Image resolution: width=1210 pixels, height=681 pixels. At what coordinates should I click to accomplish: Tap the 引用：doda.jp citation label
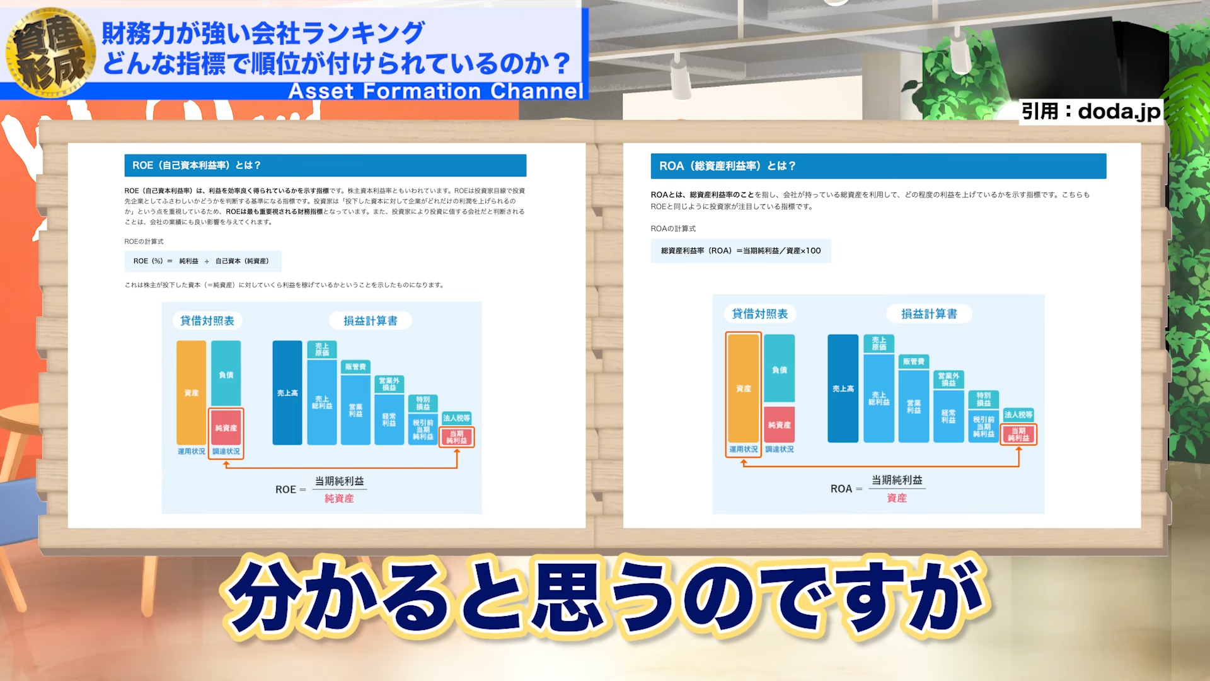(1090, 112)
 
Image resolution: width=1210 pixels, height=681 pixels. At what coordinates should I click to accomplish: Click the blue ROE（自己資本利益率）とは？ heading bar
(325, 165)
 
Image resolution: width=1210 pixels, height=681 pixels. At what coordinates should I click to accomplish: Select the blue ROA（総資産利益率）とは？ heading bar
(878, 166)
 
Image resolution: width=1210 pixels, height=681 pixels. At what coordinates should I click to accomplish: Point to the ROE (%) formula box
(202, 261)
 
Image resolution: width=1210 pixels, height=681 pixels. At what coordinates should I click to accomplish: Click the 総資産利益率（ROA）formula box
(740, 251)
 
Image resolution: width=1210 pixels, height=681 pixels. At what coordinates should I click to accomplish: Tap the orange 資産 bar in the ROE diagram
(191, 393)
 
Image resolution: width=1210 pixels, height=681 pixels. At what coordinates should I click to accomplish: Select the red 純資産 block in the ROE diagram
(226, 428)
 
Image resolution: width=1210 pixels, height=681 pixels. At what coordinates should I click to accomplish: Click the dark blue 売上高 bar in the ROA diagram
(843, 388)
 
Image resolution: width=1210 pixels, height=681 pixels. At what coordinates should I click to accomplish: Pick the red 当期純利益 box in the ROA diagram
(1018, 434)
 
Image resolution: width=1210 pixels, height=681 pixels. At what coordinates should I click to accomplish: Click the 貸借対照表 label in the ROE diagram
(207, 321)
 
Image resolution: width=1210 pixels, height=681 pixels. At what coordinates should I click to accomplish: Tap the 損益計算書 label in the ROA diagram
(928, 314)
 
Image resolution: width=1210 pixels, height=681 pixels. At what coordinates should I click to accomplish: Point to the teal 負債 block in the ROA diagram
(779, 370)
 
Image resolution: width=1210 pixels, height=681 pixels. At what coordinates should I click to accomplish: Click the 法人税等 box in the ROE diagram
(456, 418)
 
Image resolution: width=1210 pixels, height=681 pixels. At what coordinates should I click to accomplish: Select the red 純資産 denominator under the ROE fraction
(339, 499)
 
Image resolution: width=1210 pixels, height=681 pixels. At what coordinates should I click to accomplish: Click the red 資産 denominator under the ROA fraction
(896, 498)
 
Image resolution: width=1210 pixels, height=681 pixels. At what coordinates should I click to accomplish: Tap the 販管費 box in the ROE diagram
(355, 367)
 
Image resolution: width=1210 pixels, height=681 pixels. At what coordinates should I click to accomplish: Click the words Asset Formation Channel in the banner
(435, 91)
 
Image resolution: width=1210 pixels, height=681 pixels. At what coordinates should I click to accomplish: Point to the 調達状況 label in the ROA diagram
(780, 450)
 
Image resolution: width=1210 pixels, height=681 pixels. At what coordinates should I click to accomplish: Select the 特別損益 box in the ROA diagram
(983, 399)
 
